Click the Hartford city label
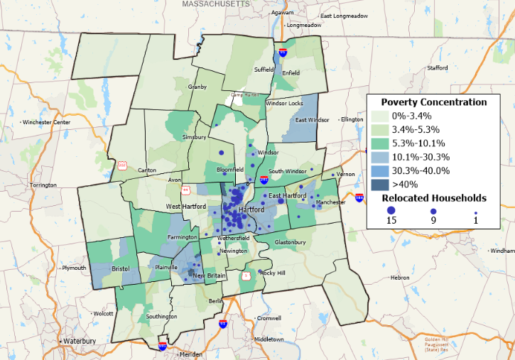click(252, 210)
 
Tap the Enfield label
click(291, 72)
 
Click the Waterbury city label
click(79, 341)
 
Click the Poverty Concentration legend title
click(434, 102)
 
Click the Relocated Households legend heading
click(434, 197)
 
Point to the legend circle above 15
click(391, 211)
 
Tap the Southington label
click(161, 316)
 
